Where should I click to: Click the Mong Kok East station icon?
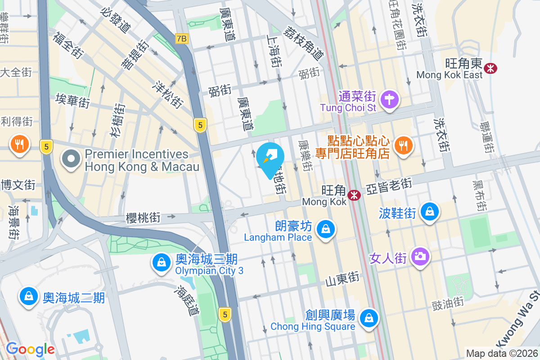click(x=490, y=68)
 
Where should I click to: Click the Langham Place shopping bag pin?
click(x=325, y=229)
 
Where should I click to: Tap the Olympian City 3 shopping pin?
click(x=161, y=262)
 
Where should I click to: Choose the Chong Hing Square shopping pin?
click(x=369, y=318)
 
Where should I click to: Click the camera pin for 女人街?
click(x=420, y=256)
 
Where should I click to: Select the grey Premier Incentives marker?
click(x=71, y=159)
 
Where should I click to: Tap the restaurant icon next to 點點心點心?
click(x=403, y=145)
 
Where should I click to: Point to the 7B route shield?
click(x=181, y=39)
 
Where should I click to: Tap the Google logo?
click(x=30, y=349)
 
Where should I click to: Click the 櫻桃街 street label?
click(x=143, y=218)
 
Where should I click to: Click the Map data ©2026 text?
click(x=502, y=354)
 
